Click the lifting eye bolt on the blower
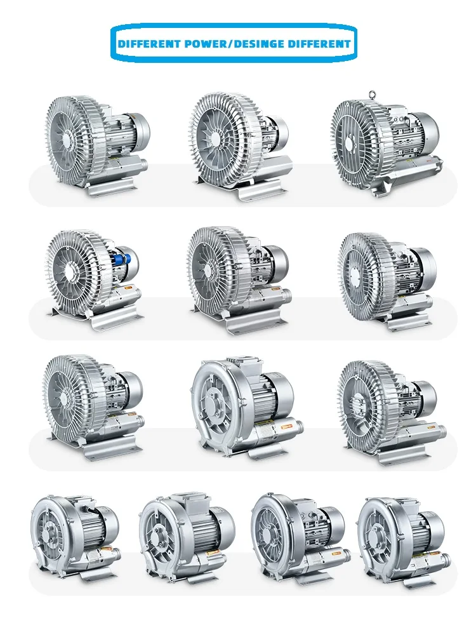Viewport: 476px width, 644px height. tap(373, 95)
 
